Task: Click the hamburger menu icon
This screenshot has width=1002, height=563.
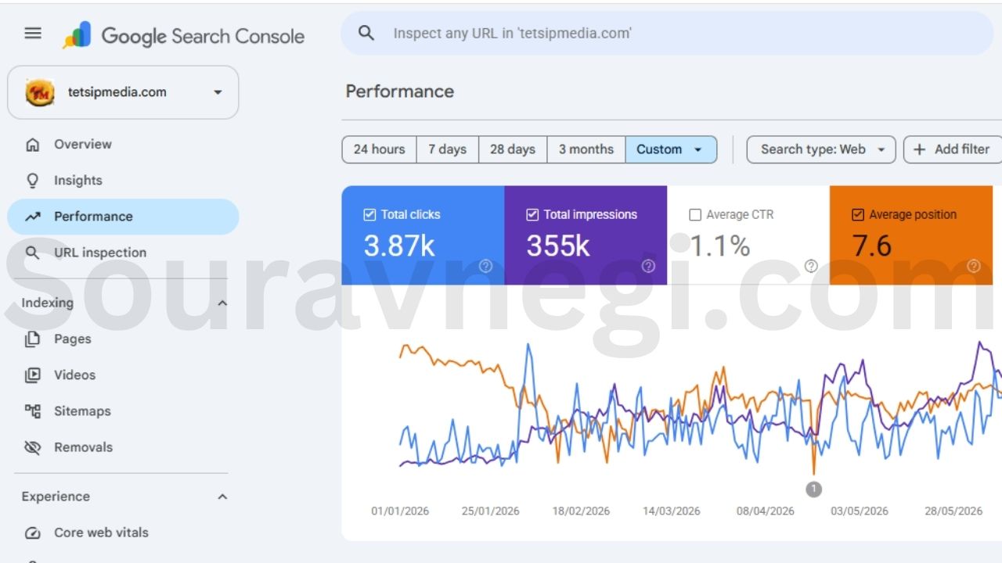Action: [33, 33]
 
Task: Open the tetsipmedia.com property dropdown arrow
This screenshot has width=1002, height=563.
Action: [218, 92]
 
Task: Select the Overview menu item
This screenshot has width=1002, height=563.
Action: [83, 145]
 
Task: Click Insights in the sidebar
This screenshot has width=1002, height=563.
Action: [77, 181]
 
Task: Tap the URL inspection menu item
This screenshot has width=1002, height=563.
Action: [99, 253]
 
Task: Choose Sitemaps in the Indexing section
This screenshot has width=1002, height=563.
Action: [82, 411]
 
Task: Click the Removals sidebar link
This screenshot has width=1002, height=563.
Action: [83, 447]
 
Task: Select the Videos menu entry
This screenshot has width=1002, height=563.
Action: [74, 375]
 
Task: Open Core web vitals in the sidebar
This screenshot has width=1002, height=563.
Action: [101, 533]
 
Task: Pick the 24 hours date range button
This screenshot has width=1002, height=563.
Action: [380, 149]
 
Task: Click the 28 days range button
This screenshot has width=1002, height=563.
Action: [513, 149]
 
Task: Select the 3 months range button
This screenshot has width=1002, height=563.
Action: [586, 149]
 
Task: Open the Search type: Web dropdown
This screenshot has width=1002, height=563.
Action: [821, 149]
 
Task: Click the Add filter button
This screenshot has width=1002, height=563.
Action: [953, 149]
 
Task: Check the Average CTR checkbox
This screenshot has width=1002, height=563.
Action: [695, 215]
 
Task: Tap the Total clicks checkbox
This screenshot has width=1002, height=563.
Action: [369, 215]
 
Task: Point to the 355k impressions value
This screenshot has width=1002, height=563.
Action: [558, 246]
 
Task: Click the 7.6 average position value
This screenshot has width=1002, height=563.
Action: [872, 246]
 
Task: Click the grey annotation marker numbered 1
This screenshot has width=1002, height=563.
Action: [813, 489]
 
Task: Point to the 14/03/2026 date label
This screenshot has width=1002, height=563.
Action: [672, 511]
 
